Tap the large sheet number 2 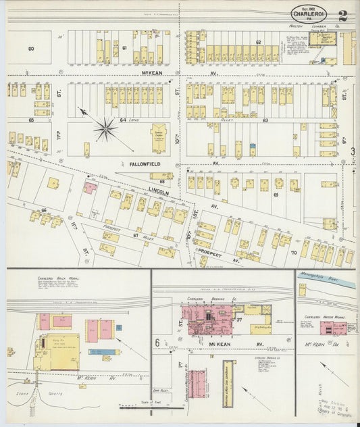[x=343, y=16]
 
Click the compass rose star [x=105, y=128]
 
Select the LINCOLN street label [x=156, y=191]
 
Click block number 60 [x=31, y=49]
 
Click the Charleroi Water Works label [x=320, y=316]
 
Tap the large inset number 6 [x=157, y=343]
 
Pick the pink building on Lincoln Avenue [x=89, y=187]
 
